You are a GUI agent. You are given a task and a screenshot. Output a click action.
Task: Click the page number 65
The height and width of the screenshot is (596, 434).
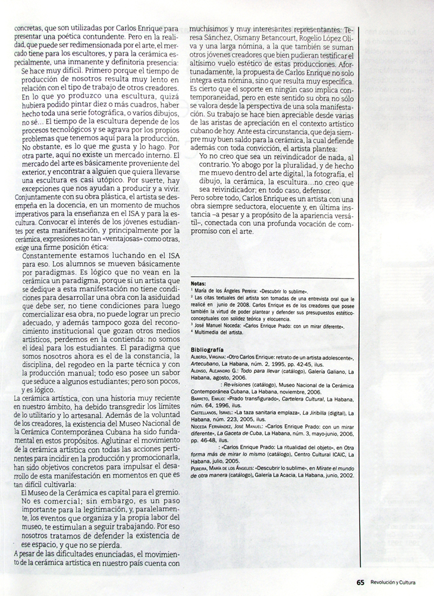[360, 582]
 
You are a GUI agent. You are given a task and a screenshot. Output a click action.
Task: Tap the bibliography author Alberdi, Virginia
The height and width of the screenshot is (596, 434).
[209, 358]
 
